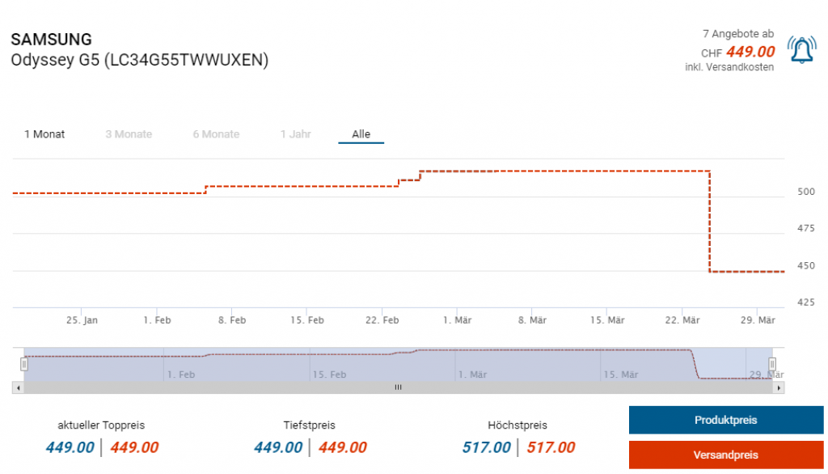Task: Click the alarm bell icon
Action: pos(801,50)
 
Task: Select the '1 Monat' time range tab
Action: pos(44,134)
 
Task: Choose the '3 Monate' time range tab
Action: pos(129,134)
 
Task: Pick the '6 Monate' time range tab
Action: pos(216,134)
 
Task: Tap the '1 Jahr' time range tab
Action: pos(295,134)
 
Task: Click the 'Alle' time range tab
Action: pos(361,134)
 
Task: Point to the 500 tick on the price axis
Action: pos(806,193)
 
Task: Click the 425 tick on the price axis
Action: pos(806,303)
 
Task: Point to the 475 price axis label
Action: pos(806,229)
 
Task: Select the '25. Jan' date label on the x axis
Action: pos(82,320)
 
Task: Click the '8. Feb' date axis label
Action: pos(232,320)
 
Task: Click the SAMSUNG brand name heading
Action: pos(51,40)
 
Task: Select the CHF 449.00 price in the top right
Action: pos(750,53)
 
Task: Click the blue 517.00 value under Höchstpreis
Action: pos(486,448)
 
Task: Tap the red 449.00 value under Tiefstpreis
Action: pos(342,448)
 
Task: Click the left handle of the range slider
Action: pos(24,364)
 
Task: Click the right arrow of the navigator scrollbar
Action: pos(779,388)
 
